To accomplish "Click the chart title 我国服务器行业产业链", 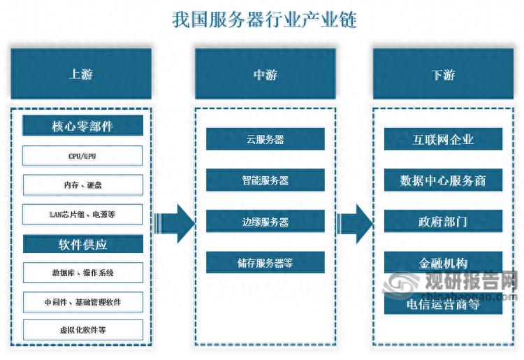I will (264, 20).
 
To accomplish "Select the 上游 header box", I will (81, 73).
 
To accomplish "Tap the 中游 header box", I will (265, 73).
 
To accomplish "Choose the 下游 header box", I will (443, 73).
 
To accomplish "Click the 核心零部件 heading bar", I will (82, 127).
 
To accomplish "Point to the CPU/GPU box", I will (82, 156).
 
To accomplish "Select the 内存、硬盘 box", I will (82, 185).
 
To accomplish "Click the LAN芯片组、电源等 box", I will (82, 215).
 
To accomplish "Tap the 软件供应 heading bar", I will (82, 244).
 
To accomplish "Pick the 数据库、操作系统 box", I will (82, 273).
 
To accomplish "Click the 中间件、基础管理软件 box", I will (82, 302).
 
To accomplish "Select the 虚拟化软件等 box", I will (82, 330).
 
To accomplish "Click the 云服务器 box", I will (265, 139).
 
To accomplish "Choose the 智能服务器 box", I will (265, 180).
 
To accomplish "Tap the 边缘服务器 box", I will (265, 222).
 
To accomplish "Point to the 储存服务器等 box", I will (265, 263).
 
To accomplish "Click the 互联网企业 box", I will (443, 139).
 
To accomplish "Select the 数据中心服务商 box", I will (443, 180).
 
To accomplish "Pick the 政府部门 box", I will (443, 222).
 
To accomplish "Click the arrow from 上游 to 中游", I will (174, 224).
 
